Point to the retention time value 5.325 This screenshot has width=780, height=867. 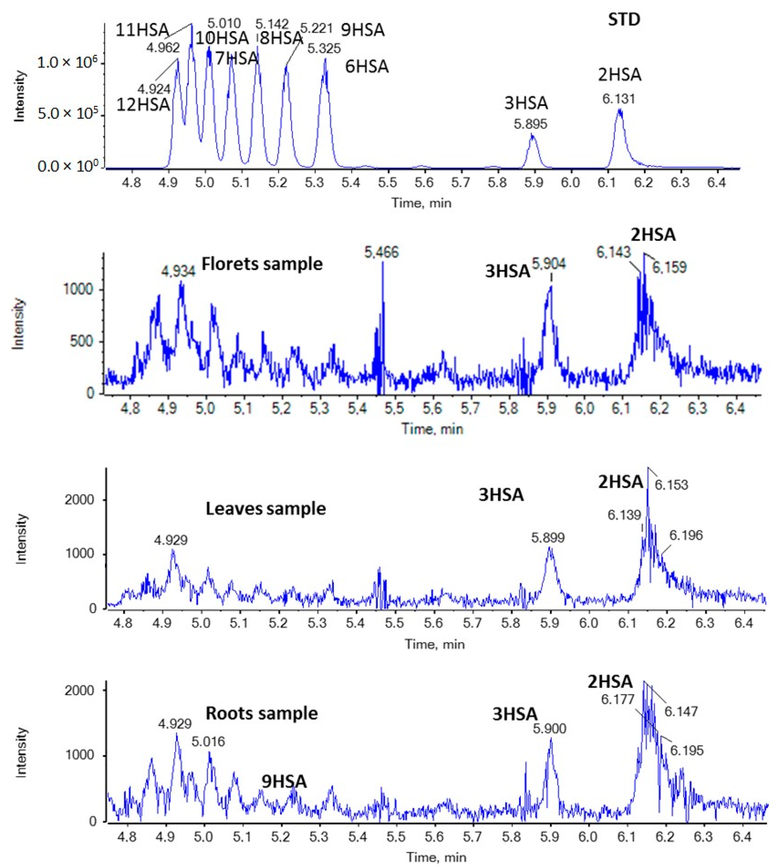click(324, 48)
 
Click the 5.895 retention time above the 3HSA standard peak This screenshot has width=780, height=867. click(531, 124)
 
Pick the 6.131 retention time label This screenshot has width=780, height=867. click(618, 99)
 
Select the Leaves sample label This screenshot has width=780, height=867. click(266, 509)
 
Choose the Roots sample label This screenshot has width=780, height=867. click(262, 713)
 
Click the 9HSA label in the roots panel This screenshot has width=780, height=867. click(284, 782)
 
